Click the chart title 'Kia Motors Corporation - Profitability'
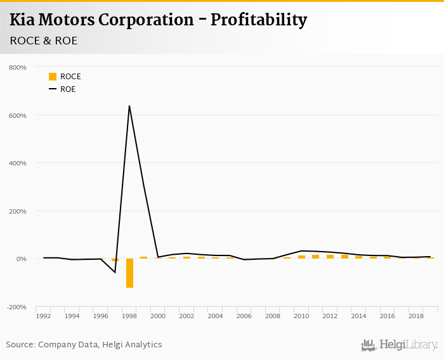tap(158, 20)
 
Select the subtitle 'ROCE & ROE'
tap(42, 41)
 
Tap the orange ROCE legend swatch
tap(53, 77)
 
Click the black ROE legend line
tap(53, 89)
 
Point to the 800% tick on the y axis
tap(17, 67)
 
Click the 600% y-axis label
tap(17, 115)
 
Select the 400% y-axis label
tap(17, 163)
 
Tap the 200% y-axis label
tap(17, 211)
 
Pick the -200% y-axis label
tap(16, 307)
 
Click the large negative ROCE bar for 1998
tap(129, 273)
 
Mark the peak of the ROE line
tap(129, 106)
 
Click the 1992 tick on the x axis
tap(43, 316)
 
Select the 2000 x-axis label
tap(158, 316)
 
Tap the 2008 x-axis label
tap(273, 316)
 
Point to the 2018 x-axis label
tap(416, 316)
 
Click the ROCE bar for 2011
tap(316, 257)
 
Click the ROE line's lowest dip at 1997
tap(115, 273)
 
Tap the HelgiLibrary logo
tap(399, 345)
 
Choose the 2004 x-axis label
tap(215, 316)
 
